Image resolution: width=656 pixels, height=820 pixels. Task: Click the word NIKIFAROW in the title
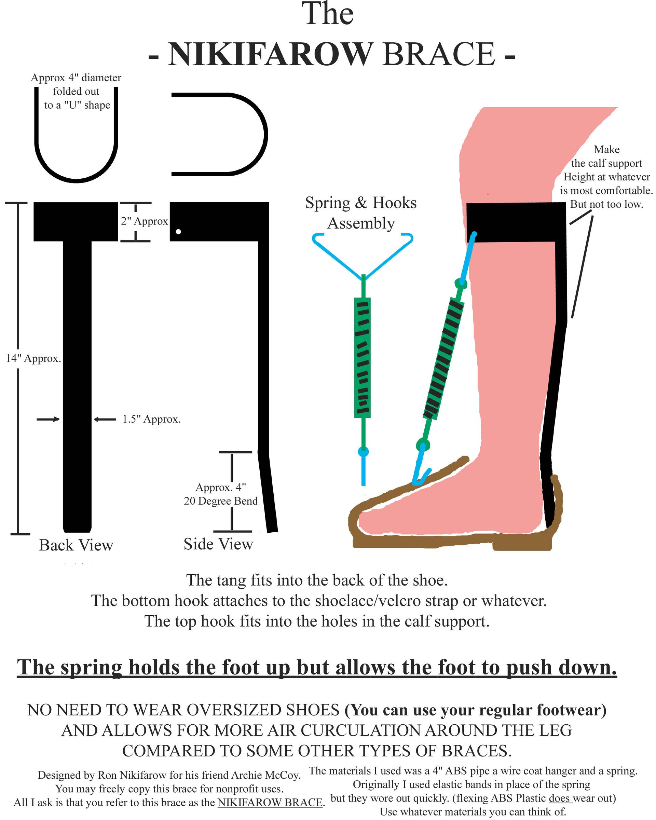tap(270, 54)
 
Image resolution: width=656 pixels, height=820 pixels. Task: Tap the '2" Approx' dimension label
tap(144, 221)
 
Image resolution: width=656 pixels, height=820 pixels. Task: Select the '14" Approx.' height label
tap(33, 358)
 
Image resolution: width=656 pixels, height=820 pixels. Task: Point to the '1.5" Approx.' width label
tap(151, 419)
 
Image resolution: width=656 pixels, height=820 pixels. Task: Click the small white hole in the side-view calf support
tap(178, 231)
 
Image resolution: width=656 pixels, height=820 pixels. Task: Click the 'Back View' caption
tap(76, 545)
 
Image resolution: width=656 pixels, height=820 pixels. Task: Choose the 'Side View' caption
tap(218, 544)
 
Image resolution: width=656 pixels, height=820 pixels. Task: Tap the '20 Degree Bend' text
tap(221, 501)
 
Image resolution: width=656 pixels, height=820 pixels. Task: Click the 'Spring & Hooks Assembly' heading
tap(360, 213)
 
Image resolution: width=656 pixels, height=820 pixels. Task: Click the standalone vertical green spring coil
tap(363, 357)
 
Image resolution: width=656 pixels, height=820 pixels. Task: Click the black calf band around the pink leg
tap(516, 222)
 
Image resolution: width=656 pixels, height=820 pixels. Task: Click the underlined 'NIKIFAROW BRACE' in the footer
tap(270, 802)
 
